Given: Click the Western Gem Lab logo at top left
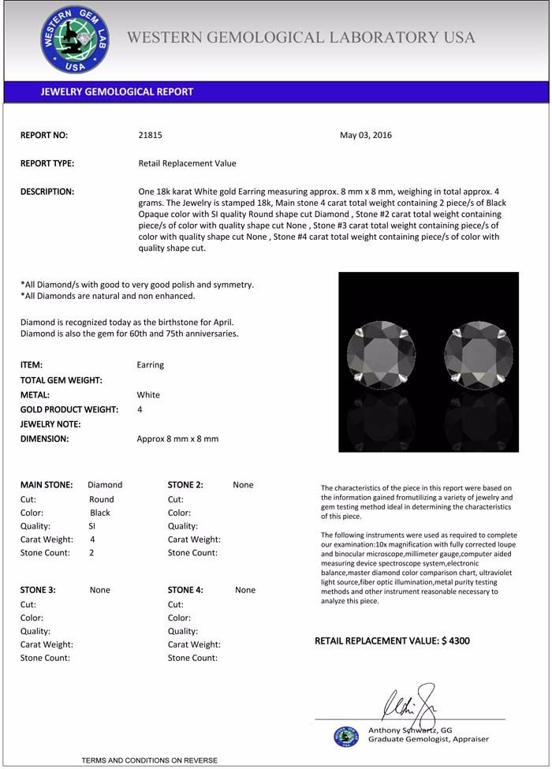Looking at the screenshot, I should point(75,39).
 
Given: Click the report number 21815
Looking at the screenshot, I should point(150,135).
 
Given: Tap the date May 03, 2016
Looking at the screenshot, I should point(366,135).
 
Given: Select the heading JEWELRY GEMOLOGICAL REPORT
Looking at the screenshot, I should point(117,91).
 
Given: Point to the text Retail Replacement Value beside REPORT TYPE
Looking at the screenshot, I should point(187,163).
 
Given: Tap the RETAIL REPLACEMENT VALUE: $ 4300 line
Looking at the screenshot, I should point(392,640).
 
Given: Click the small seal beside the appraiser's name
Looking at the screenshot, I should point(346,736).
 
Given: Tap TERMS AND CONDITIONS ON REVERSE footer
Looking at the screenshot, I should point(149,760).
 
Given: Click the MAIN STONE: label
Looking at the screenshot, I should point(47,485).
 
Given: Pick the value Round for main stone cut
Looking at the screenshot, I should point(102,499).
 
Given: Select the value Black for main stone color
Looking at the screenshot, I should point(100,513).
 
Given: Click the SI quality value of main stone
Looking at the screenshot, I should point(92,526).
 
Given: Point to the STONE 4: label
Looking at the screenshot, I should point(185,590).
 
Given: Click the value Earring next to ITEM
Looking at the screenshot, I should point(151,365).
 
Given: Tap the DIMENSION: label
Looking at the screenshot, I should point(44,439).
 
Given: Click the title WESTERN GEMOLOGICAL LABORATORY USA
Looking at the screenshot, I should point(300,38).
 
